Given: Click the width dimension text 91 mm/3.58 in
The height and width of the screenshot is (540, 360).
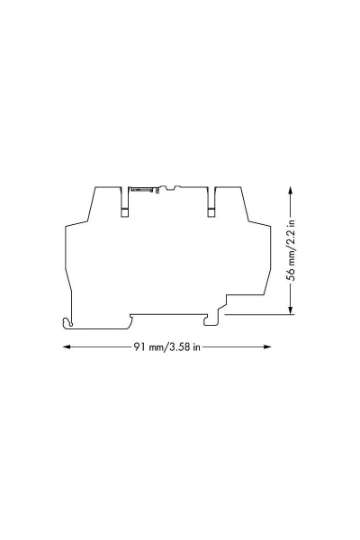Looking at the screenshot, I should (x=166, y=346).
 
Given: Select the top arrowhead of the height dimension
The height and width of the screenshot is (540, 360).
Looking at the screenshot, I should (x=291, y=190).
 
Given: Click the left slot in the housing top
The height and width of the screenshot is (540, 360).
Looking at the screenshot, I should (x=125, y=201).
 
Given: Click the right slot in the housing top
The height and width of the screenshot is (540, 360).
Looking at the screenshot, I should (x=212, y=201).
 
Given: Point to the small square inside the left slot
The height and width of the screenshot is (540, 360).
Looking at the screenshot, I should (x=125, y=212).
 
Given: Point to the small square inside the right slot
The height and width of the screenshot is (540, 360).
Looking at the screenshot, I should (x=212, y=212).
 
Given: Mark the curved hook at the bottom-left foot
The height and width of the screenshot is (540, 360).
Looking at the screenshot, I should (x=67, y=322).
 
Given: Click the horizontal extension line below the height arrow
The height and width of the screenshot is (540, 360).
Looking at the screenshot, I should (x=256, y=314).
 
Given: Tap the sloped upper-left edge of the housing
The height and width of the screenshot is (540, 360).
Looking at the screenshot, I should (x=89, y=205).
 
